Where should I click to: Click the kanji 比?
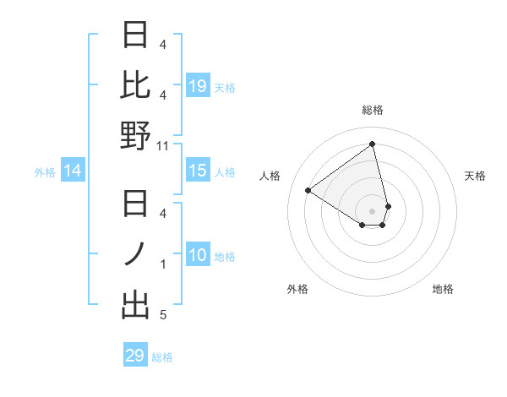(136, 85)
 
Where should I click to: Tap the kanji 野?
(136, 136)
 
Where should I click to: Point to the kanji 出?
(136, 305)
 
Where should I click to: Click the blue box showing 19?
(197, 86)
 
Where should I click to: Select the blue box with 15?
(197, 171)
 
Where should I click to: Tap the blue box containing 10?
(197, 256)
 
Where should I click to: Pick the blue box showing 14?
(72, 171)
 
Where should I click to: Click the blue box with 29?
(134, 356)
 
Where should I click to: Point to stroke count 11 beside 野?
(163, 146)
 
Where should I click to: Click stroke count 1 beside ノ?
(163, 264)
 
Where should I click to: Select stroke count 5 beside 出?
(163, 315)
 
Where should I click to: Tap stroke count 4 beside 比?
(163, 95)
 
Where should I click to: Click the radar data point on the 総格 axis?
(373, 144)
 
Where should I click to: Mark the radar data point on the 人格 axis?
(308, 190)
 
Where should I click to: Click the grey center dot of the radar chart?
(373, 210)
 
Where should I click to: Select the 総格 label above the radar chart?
(373, 110)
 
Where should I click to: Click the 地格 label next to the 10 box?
(225, 257)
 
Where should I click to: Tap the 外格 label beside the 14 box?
(45, 172)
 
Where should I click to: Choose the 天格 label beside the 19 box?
(225, 87)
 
